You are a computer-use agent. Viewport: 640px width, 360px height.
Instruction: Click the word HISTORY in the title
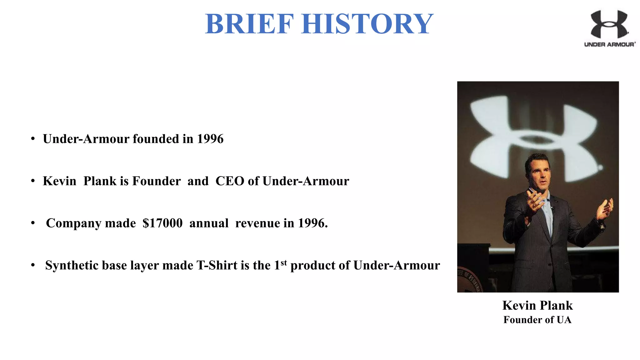367,24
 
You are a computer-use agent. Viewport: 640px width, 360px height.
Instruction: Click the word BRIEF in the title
249,24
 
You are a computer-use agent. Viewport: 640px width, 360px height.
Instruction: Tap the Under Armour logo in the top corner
609,24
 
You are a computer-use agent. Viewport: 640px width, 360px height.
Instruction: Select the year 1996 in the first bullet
210,139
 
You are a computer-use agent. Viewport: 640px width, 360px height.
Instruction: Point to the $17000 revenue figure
162,223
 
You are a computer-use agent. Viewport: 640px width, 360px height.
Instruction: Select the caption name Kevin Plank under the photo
537,305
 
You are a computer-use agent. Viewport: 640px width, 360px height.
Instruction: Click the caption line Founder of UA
537,320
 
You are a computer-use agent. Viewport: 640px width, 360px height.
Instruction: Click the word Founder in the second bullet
156,181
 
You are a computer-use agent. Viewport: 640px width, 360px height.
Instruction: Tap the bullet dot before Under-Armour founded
33,139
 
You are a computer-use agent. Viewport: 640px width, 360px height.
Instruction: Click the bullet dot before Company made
33,223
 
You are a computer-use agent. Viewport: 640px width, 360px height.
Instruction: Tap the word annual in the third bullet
209,223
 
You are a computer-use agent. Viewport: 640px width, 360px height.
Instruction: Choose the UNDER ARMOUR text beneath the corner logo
609,44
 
